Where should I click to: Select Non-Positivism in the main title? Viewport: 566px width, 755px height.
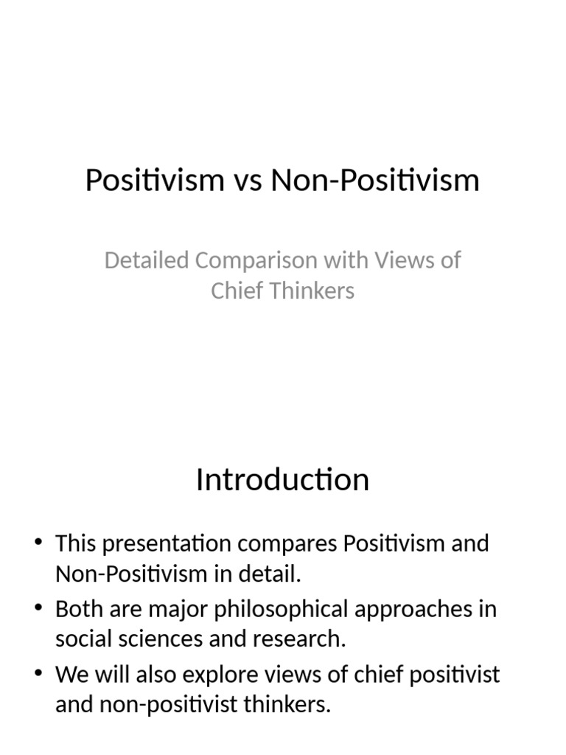[375, 181]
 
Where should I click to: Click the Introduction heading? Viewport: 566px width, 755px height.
[282, 480]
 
